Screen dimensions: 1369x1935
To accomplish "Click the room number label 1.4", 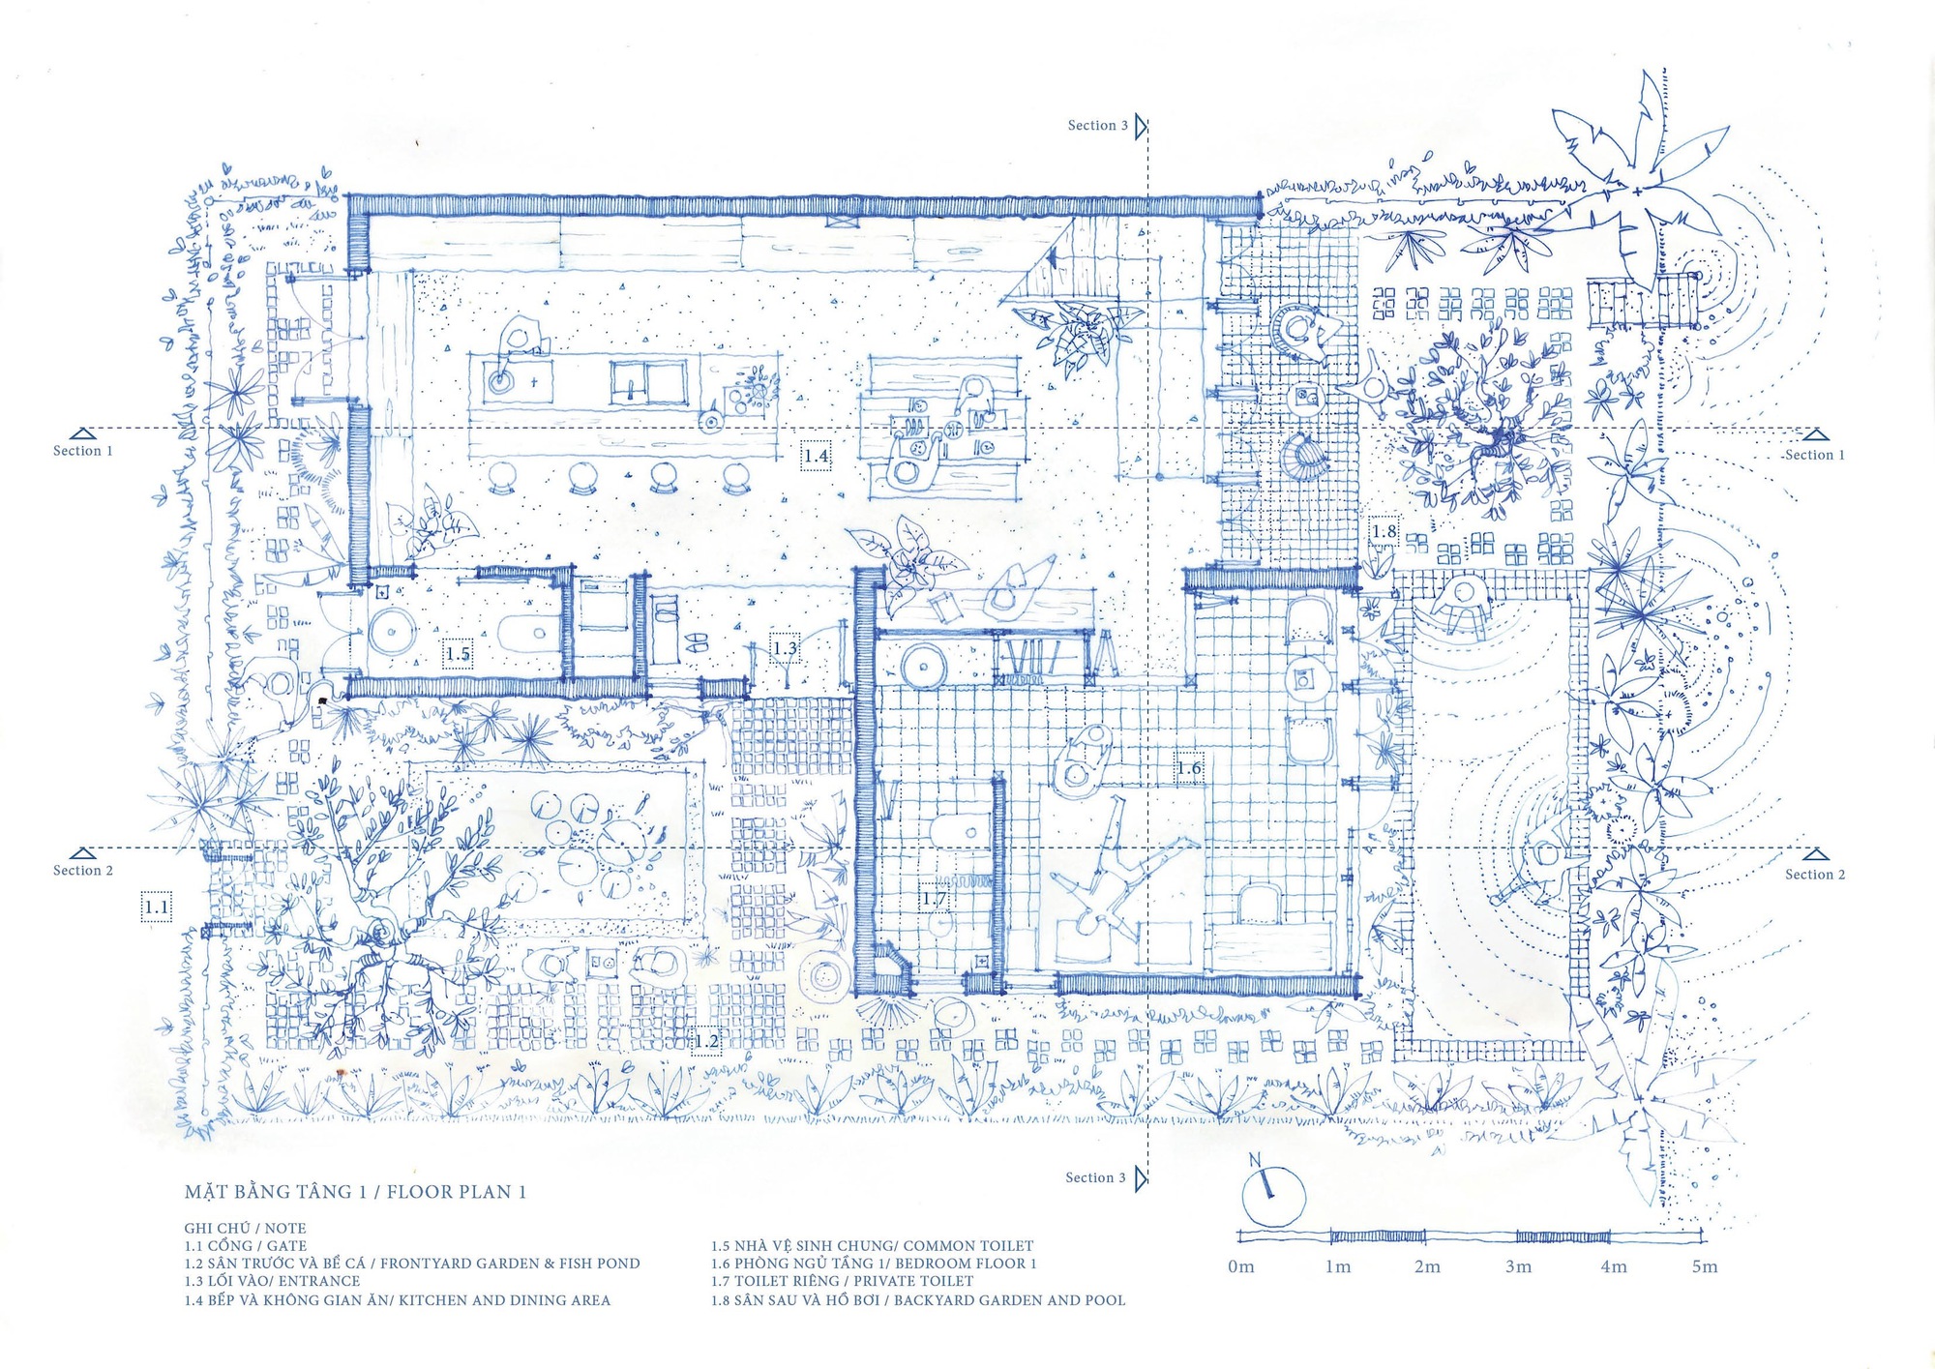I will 816,456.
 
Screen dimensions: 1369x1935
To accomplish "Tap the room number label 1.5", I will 458,654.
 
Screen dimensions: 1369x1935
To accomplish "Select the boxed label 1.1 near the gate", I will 156,907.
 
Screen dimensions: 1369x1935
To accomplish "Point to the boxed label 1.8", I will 1384,531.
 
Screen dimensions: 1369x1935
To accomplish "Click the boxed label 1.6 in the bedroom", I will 1189,768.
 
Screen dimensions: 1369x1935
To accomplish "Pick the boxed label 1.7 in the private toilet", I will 934,899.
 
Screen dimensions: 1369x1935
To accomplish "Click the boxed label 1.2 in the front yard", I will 706,1041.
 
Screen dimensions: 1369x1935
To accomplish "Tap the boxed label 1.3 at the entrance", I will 785,648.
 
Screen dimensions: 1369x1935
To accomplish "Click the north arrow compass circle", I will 1273,1198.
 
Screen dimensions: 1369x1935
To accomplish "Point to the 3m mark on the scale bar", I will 1518,1266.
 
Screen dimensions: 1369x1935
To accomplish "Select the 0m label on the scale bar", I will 1240,1266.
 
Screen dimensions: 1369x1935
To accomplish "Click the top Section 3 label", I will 1097,126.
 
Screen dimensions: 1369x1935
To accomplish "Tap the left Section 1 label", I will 83,451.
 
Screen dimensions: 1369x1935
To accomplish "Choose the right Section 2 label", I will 1814,875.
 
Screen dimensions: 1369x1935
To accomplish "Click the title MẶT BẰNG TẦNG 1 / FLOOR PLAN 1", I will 355,1192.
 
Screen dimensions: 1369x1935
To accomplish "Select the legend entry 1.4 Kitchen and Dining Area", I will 398,1300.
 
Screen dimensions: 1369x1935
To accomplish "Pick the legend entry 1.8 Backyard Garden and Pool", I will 918,1300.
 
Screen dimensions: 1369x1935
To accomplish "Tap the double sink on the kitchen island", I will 647,382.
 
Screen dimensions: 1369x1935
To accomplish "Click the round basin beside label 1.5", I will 392,634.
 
